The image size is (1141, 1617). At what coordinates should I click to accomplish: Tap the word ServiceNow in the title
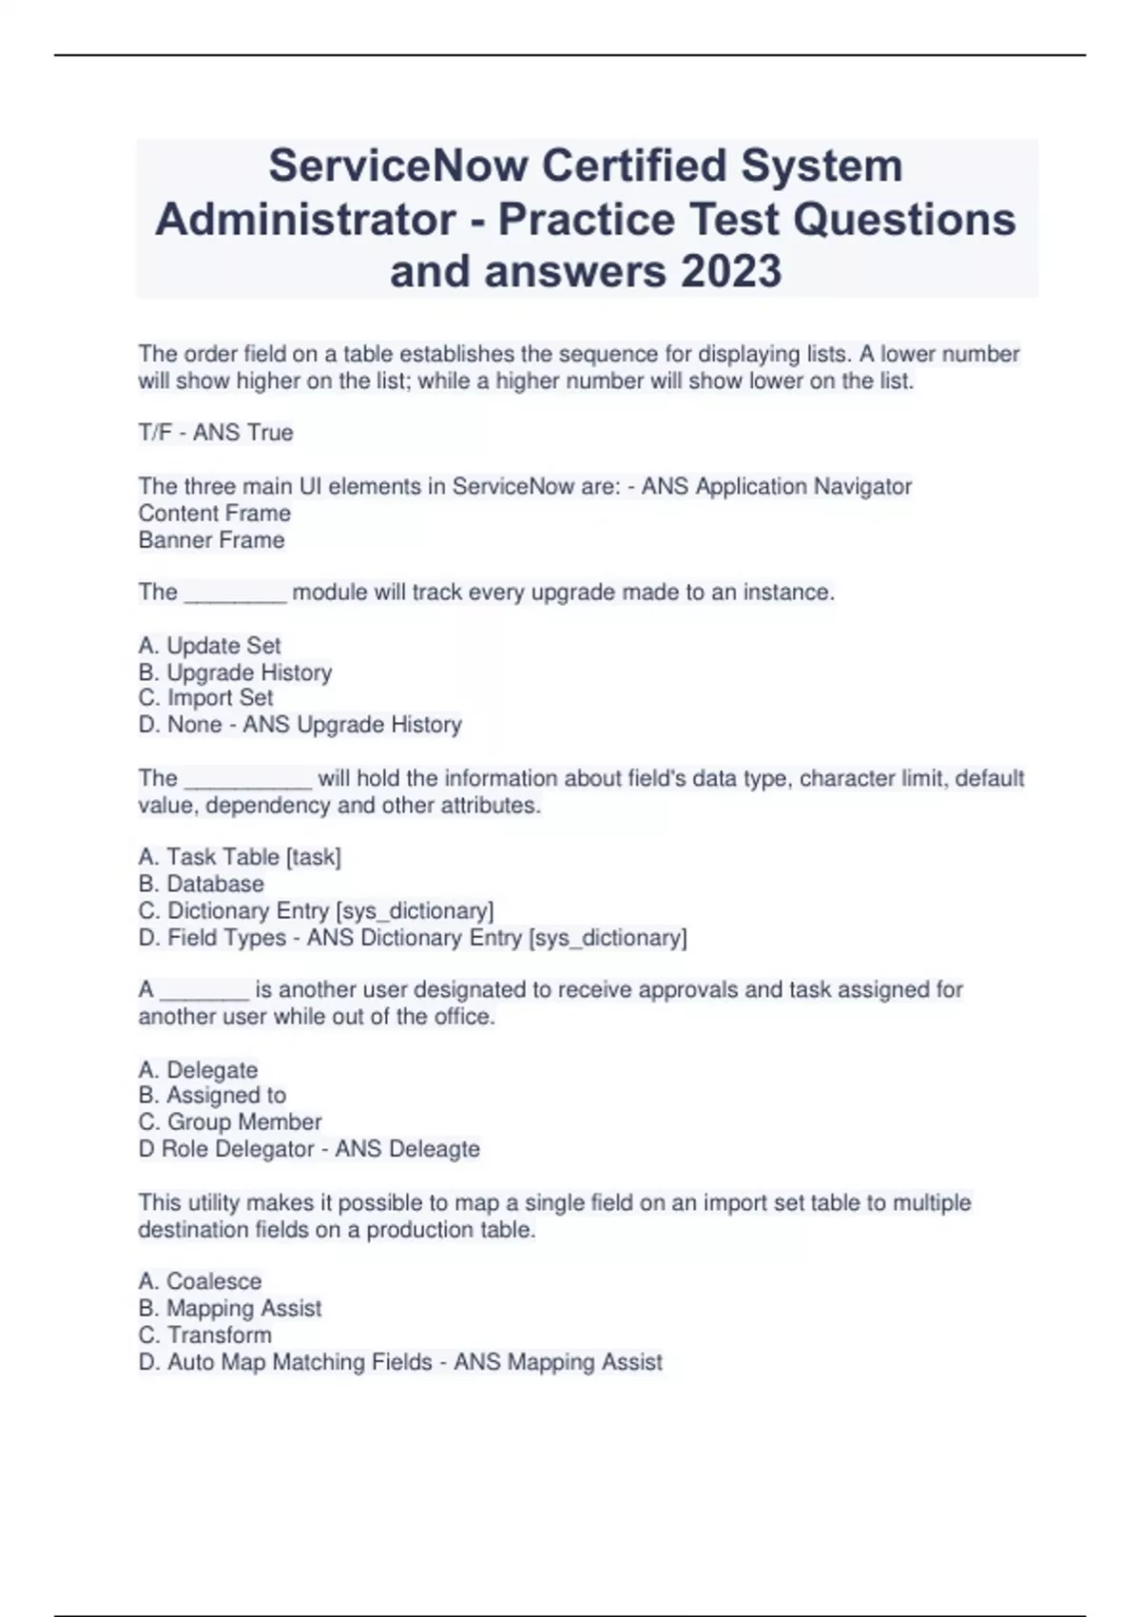coord(398,166)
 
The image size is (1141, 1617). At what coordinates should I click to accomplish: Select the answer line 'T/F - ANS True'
coord(216,433)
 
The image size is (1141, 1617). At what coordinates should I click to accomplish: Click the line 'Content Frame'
coord(215,514)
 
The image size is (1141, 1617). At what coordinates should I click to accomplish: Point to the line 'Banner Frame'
coord(211,540)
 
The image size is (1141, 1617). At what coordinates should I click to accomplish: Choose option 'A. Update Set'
coord(209,646)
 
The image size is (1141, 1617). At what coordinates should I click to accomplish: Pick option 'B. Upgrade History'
coord(235,672)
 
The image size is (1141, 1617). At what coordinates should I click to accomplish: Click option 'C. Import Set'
coord(205,697)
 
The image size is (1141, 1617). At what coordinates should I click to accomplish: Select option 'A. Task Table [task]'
coord(240,857)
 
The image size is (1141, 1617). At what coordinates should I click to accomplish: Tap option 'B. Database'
coord(201,884)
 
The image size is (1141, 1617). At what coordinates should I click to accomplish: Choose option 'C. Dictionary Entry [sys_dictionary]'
coord(316,910)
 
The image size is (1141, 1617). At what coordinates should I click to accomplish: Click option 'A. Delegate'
coord(198,1070)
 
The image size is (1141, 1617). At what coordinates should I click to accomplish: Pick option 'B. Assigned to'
coord(212,1095)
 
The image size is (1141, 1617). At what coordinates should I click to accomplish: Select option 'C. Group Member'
coord(230,1121)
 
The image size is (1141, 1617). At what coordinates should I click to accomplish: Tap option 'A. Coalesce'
coord(200,1281)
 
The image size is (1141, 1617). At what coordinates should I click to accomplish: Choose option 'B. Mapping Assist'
coord(230,1308)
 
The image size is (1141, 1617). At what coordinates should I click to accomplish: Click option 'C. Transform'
coord(204,1335)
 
